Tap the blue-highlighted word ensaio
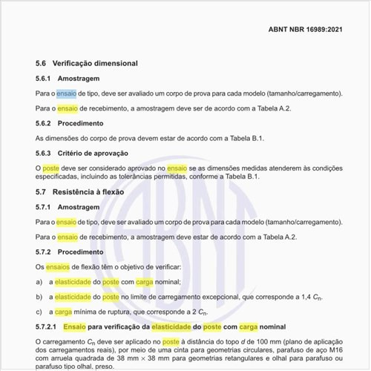tap(67, 94)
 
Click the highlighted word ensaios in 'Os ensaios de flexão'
tap(58, 266)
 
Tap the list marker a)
tap(39, 282)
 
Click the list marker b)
tap(39, 297)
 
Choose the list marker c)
tap(39, 312)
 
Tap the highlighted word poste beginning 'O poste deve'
tap(51, 168)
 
